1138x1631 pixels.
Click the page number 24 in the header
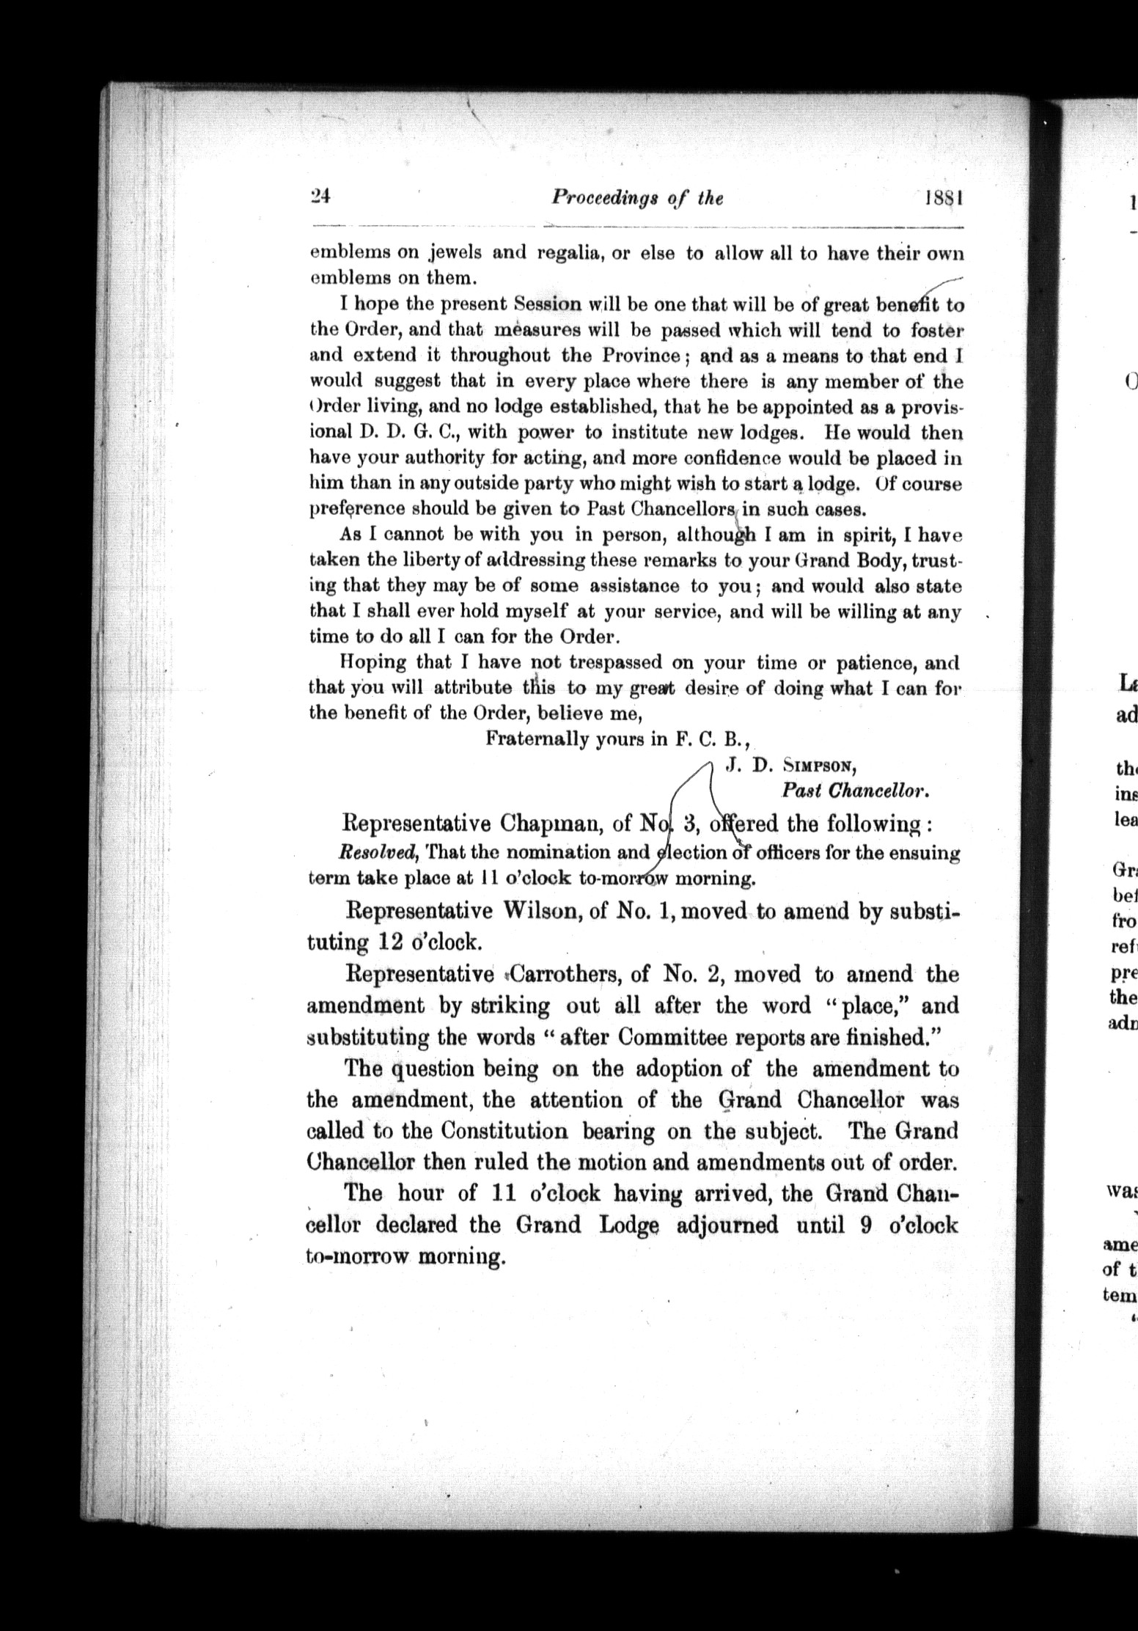point(321,197)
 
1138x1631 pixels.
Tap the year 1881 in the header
point(944,199)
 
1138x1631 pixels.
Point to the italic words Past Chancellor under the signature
point(856,791)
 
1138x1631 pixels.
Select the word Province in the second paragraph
point(640,356)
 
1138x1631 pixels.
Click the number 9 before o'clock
point(865,1225)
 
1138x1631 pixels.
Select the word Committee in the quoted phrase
point(670,1038)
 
